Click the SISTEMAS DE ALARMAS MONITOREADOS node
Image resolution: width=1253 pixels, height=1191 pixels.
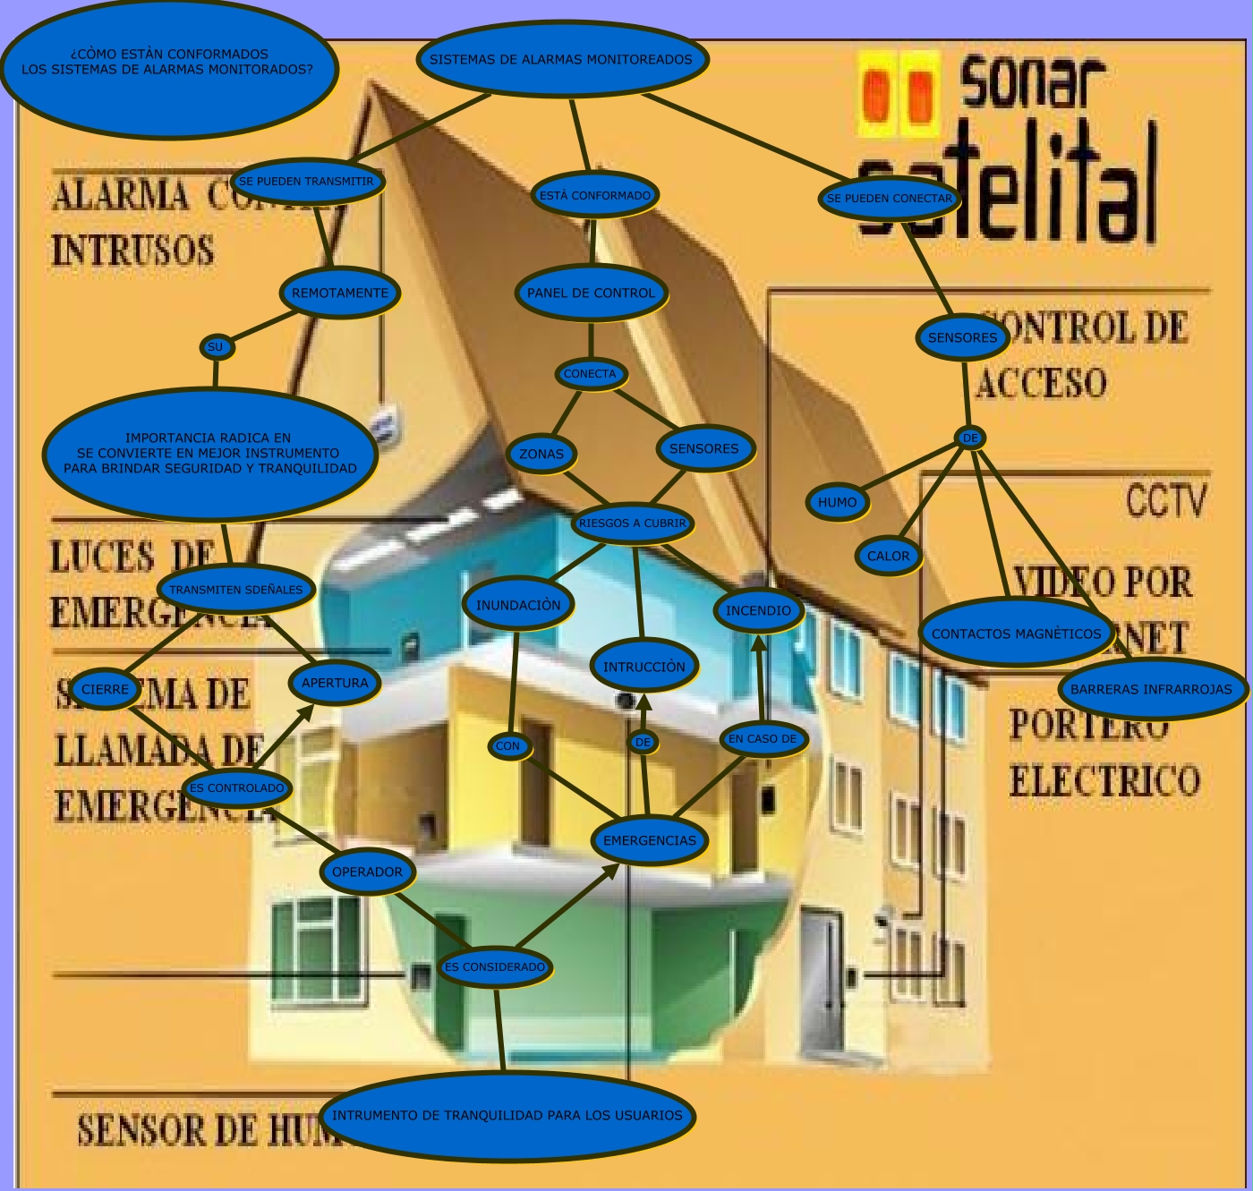(x=562, y=60)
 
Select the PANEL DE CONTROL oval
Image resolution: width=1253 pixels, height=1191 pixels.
(x=591, y=293)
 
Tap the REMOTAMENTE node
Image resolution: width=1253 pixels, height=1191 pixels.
(x=340, y=293)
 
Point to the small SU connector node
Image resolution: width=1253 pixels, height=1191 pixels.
(x=216, y=347)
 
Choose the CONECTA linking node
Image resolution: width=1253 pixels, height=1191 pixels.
(x=590, y=374)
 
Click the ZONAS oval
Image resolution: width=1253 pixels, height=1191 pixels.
(x=541, y=454)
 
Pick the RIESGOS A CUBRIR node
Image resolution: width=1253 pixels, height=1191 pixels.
(x=633, y=523)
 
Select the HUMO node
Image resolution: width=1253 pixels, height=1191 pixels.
(x=837, y=502)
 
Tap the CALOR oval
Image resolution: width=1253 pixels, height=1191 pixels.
(x=888, y=556)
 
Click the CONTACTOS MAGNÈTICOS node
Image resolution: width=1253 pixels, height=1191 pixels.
(x=1016, y=634)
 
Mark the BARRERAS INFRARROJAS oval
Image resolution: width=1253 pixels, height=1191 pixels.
(x=1151, y=689)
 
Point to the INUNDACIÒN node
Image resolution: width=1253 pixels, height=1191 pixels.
(x=518, y=605)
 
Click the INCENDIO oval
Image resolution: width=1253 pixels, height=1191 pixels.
(x=758, y=611)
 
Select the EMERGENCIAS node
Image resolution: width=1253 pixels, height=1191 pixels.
(x=650, y=840)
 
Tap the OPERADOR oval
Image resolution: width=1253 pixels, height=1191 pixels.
(x=367, y=872)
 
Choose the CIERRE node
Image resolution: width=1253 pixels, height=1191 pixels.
(x=106, y=689)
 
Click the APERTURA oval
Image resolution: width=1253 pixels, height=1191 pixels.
(x=335, y=683)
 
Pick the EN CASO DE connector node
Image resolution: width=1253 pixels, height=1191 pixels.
(x=763, y=739)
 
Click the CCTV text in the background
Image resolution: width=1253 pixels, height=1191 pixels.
(x=1166, y=501)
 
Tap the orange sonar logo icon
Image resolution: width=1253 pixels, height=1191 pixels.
(x=899, y=93)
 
